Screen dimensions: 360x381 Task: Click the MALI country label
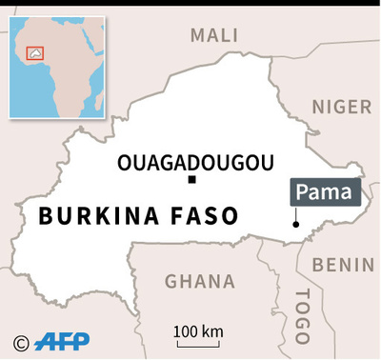(214, 35)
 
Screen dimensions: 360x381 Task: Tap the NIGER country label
(341, 106)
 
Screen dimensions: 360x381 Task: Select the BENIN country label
(344, 264)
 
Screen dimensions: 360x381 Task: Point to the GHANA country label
(199, 281)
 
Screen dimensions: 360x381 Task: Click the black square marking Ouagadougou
(191, 180)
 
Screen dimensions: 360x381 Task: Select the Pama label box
(326, 192)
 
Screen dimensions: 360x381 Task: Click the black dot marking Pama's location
(296, 224)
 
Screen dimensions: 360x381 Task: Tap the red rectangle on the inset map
(37, 56)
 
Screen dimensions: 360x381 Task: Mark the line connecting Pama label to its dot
(296, 214)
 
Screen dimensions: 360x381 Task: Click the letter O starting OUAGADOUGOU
(125, 163)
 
